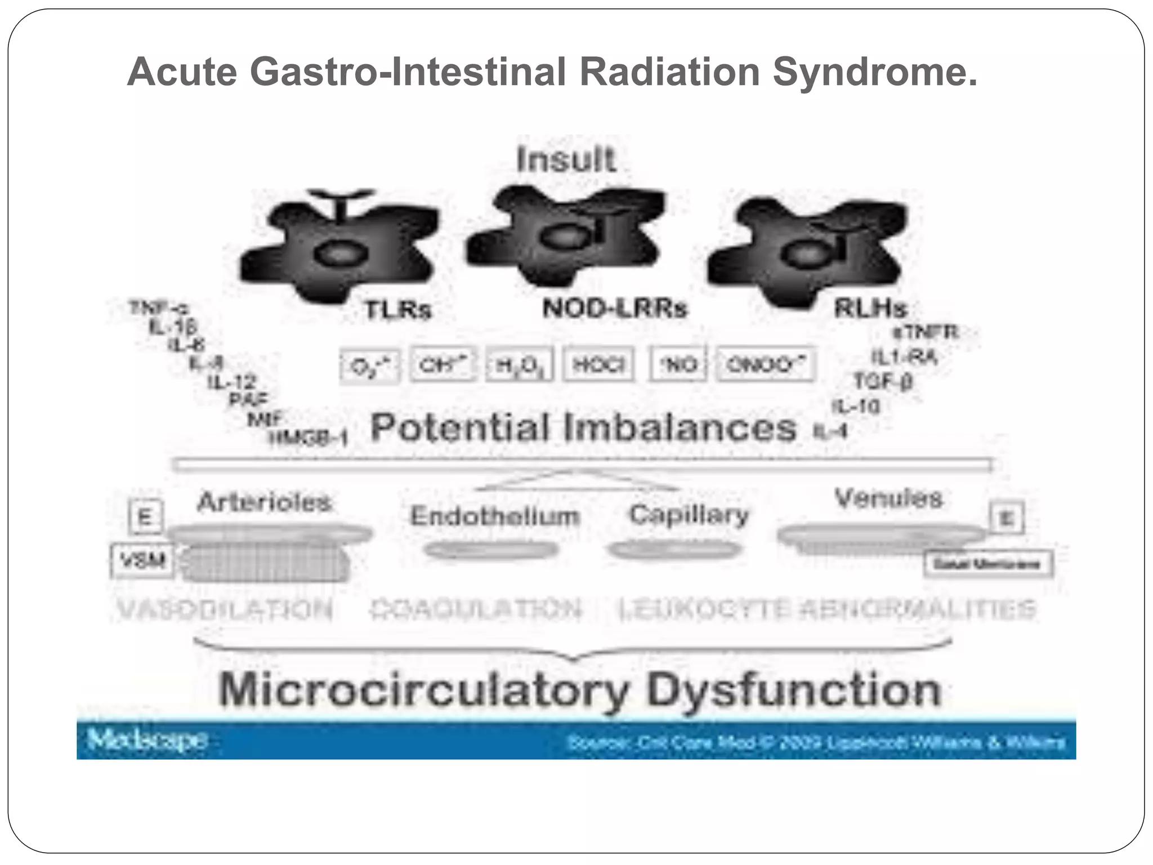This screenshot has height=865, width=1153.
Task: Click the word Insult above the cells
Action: (x=566, y=159)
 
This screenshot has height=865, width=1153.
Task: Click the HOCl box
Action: (x=598, y=365)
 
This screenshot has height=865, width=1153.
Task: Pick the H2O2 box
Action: (x=519, y=365)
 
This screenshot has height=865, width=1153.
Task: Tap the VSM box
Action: (x=142, y=560)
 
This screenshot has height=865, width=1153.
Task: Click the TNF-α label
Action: (x=159, y=308)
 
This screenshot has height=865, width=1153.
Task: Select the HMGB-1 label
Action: (x=309, y=438)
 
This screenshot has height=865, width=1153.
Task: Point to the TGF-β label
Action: (x=882, y=381)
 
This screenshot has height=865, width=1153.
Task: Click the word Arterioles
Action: (x=264, y=502)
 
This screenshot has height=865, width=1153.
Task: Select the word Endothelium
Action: (x=495, y=515)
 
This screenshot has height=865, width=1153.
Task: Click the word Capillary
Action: (x=689, y=514)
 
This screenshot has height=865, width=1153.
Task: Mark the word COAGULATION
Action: (x=476, y=609)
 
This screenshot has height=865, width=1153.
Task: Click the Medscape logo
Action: (x=148, y=739)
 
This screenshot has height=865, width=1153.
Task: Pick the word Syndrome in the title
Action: (x=874, y=72)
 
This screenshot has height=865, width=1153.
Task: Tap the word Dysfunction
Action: (x=794, y=689)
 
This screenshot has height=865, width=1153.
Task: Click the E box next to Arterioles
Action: (x=145, y=516)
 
